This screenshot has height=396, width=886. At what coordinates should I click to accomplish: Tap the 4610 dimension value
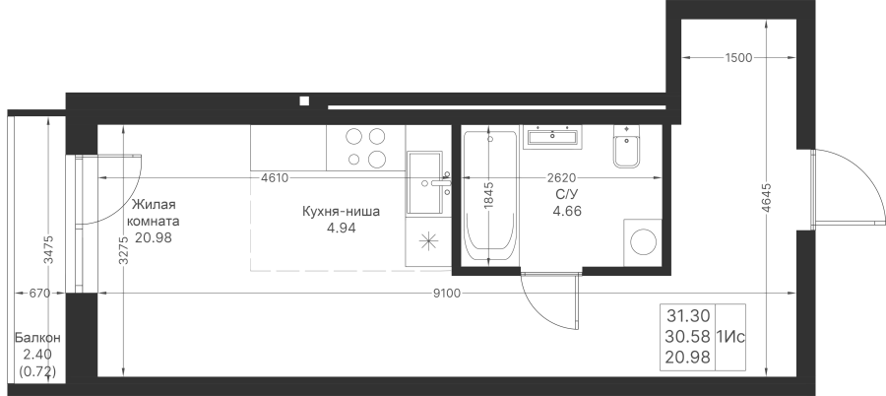click(x=276, y=178)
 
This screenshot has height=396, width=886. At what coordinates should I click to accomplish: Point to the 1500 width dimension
click(x=739, y=57)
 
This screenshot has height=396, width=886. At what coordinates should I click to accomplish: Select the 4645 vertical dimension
click(x=766, y=197)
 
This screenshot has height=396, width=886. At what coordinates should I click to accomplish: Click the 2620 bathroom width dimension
click(x=561, y=178)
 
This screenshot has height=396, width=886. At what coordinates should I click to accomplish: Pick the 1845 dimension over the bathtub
click(x=489, y=196)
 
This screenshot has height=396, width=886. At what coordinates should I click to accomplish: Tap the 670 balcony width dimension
click(x=39, y=293)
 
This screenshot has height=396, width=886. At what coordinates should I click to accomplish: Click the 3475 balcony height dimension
click(x=48, y=249)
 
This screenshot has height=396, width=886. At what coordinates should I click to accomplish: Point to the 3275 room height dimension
click(x=124, y=249)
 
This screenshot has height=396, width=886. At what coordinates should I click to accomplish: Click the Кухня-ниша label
click(x=342, y=212)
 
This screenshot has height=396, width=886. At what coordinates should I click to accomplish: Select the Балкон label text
click(x=37, y=338)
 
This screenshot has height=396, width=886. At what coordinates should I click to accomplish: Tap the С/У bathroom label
click(x=567, y=195)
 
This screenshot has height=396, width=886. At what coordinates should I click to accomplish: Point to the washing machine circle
click(x=643, y=242)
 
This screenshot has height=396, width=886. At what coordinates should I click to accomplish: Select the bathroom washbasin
click(x=551, y=137)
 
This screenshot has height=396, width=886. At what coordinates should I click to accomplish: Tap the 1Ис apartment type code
click(x=730, y=338)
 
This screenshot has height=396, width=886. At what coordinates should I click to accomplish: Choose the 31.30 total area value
click(x=688, y=315)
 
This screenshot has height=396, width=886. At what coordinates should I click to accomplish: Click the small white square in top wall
click(x=304, y=101)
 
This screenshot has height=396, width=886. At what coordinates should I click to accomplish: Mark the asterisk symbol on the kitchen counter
click(x=428, y=241)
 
